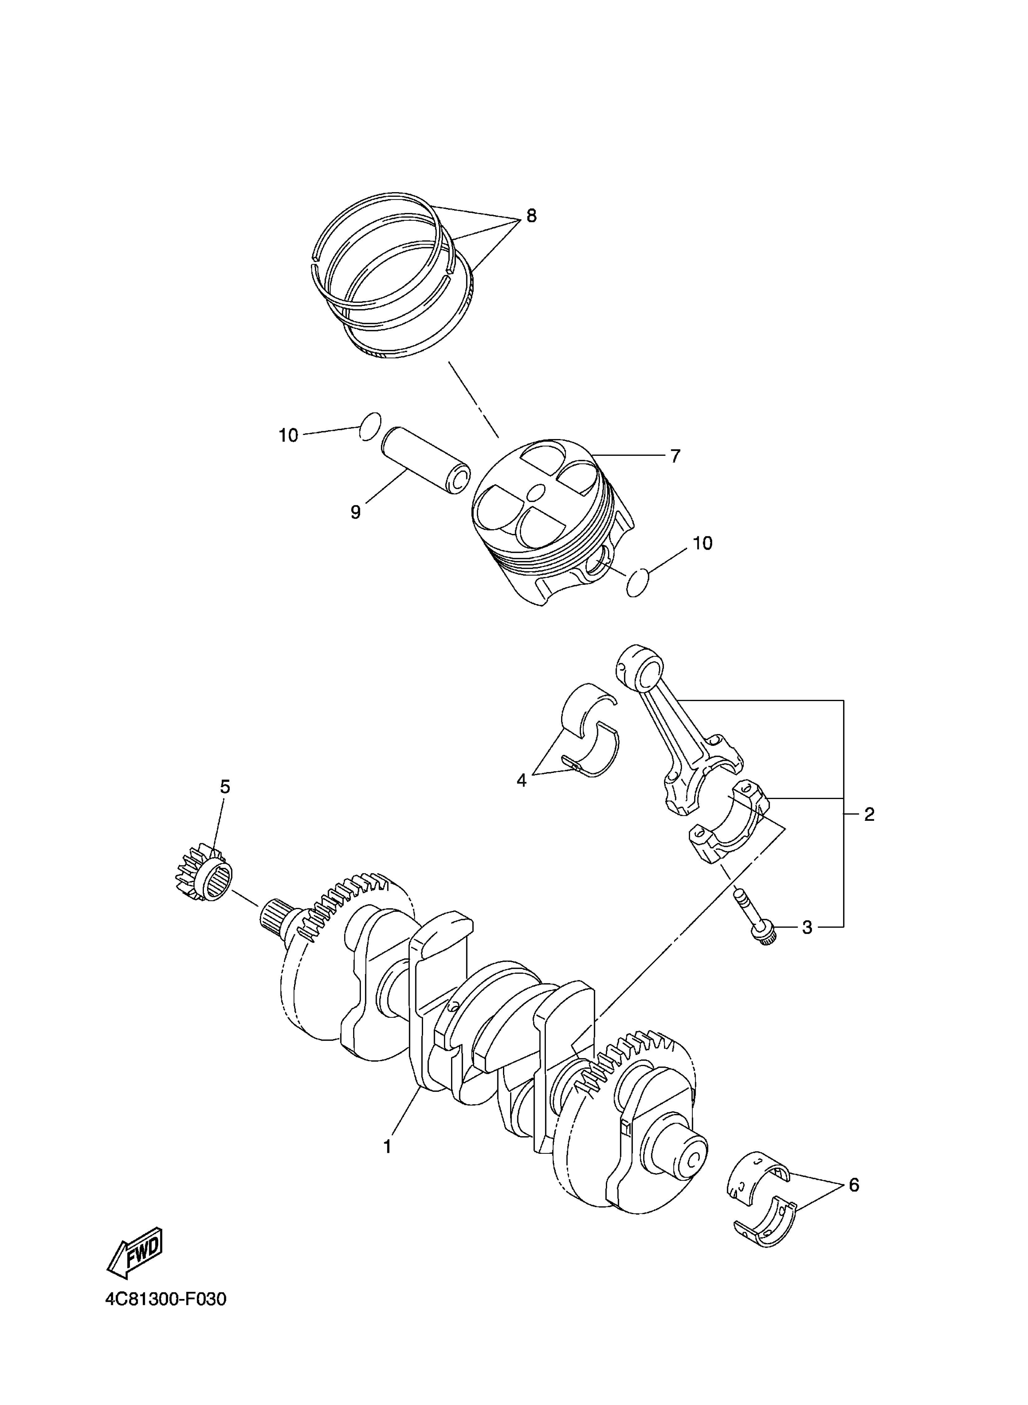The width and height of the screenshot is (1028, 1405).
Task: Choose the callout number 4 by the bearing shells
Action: pos(522,780)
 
